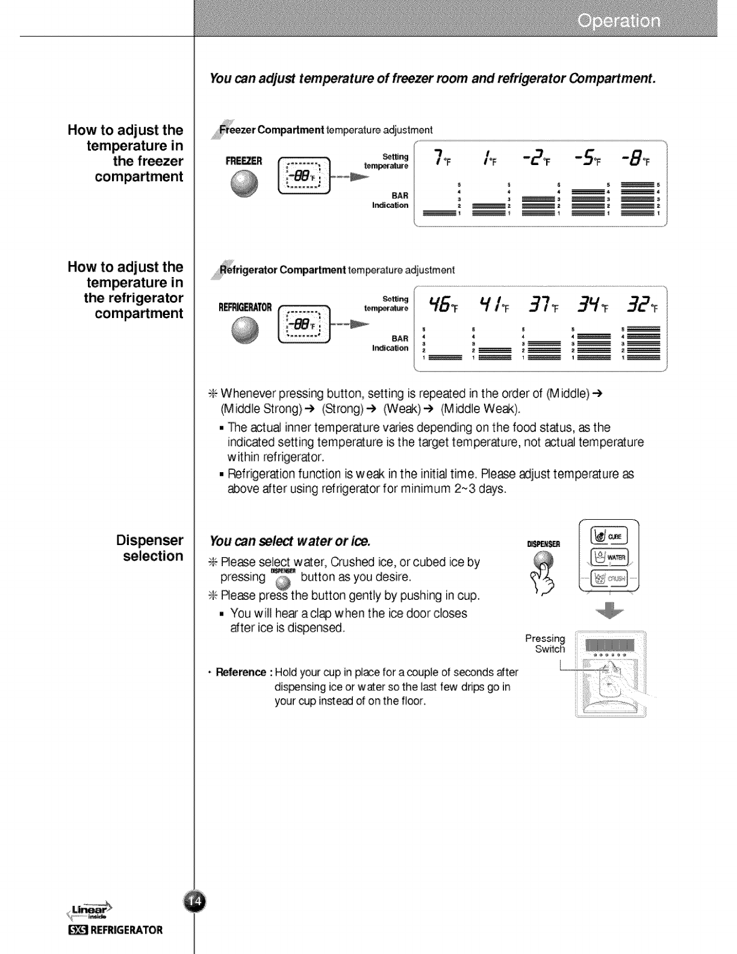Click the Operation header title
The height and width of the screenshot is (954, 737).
(x=618, y=22)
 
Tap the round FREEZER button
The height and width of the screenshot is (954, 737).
(x=244, y=182)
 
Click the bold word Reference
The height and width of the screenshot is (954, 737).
(x=241, y=672)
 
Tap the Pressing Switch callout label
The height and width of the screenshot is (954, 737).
(x=546, y=643)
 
